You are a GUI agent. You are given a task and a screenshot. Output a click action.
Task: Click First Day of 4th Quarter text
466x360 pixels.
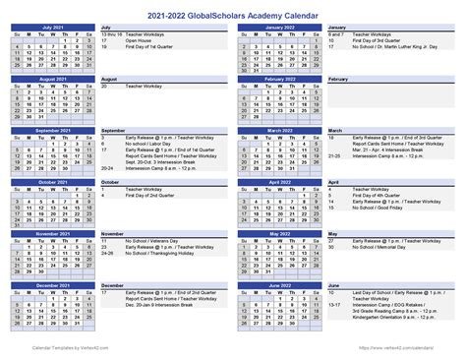point(377,168)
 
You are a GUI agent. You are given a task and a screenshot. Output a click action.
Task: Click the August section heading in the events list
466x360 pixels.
point(109,79)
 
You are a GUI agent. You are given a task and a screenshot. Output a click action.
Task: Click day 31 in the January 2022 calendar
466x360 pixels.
point(254,71)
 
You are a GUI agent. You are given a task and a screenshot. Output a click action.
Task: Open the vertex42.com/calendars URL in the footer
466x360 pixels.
point(423,347)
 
